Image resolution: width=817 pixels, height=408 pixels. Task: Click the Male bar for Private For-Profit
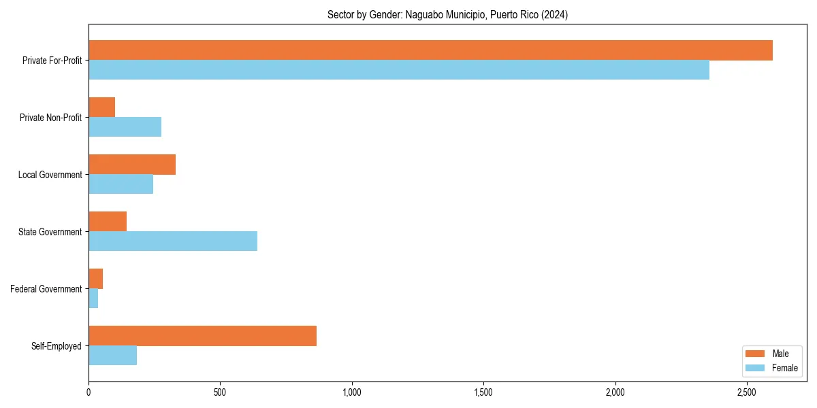[x=430, y=50]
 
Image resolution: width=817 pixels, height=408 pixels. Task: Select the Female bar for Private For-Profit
[x=399, y=70]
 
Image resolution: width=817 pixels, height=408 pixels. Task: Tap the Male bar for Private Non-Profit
[x=102, y=107]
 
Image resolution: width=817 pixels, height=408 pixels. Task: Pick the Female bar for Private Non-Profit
[x=125, y=127]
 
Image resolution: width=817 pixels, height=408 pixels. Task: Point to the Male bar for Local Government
[x=132, y=165]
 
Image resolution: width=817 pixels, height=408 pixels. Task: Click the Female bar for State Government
[x=173, y=241]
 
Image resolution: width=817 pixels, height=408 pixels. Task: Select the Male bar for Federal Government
[x=96, y=279]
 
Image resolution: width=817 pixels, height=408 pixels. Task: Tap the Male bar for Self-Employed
[x=202, y=336]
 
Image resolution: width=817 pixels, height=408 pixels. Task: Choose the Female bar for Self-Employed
[x=113, y=356]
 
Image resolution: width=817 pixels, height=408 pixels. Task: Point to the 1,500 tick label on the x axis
[x=483, y=392]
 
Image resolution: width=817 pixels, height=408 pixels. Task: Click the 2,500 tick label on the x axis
[x=747, y=392]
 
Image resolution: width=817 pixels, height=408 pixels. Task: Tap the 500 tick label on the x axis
[x=220, y=392]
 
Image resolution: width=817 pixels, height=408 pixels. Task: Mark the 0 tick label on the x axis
[x=89, y=392]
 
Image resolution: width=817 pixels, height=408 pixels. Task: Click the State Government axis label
[x=50, y=232]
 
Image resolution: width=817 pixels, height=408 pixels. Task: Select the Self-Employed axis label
[x=57, y=346]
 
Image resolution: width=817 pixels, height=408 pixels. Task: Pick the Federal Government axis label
[x=46, y=289]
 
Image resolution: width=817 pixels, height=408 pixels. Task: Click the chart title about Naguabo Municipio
[x=447, y=14]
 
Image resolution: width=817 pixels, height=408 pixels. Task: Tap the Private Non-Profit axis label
[x=51, y=118]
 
